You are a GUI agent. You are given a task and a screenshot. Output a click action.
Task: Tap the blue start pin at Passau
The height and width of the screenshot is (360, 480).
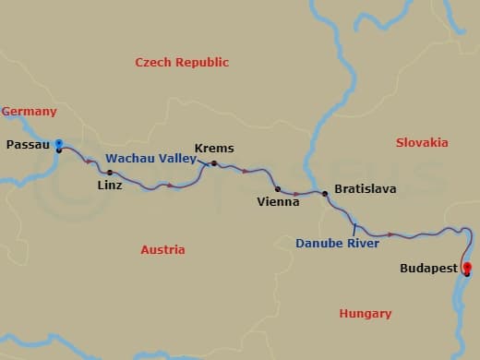pyautogui.click(x=58, y=143)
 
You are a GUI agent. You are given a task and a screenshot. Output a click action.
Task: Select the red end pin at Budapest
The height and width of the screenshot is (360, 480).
pyautogui.click(x=467, y=270)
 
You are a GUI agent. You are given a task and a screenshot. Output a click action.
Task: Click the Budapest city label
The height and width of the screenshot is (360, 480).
pyautogui.click(x=428, y=269)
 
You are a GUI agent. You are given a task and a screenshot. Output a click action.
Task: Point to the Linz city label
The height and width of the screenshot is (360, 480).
pyautogui.click(x=109, y=185)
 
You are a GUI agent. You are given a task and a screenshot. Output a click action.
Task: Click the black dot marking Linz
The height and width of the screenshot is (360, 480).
pyautogui.click(x=110, y=173)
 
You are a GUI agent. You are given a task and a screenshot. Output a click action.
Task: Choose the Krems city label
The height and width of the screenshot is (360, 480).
pyautogui.click(x=214, y=149)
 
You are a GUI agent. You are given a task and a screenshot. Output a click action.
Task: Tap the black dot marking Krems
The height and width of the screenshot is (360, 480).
pyautogui.click(x=213, y=163)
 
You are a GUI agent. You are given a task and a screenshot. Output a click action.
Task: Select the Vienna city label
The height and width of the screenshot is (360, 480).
pyautogui.click(x=278, y=201)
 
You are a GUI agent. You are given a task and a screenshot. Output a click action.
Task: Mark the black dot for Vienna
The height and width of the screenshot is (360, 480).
pyautogui.click(x=278, y=188)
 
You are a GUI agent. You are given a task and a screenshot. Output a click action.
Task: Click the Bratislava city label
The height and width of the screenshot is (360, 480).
pyautogui.click(x=366, y=188)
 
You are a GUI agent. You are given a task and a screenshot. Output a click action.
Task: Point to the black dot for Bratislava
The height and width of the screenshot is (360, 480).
pyautogui.click(x=325, y=194)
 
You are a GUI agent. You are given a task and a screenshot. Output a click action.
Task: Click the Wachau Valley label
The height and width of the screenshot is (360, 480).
pyautogui.click(x=150, y=159)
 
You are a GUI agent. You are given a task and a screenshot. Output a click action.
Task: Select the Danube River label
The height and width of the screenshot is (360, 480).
pyautogui.click(x=338, y=244)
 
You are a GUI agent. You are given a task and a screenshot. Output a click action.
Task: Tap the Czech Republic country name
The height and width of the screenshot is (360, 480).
pyautogui.click(x=182, y=62)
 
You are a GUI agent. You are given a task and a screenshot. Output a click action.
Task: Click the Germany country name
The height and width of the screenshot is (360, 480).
pyautogui.click(x=30, y=112)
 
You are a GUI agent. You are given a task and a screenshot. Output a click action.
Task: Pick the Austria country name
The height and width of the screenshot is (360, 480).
pyautogui.click(x=162, y=250)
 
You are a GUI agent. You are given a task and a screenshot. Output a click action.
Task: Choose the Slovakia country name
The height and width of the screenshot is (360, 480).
pyautogui.click(x=422, y=142)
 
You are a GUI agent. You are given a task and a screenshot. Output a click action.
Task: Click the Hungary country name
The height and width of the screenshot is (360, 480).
pyautogui.click(x=366, y=314)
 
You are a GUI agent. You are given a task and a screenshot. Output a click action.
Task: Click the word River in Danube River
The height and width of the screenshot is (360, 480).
pyautogui.click(x=362, y=244)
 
